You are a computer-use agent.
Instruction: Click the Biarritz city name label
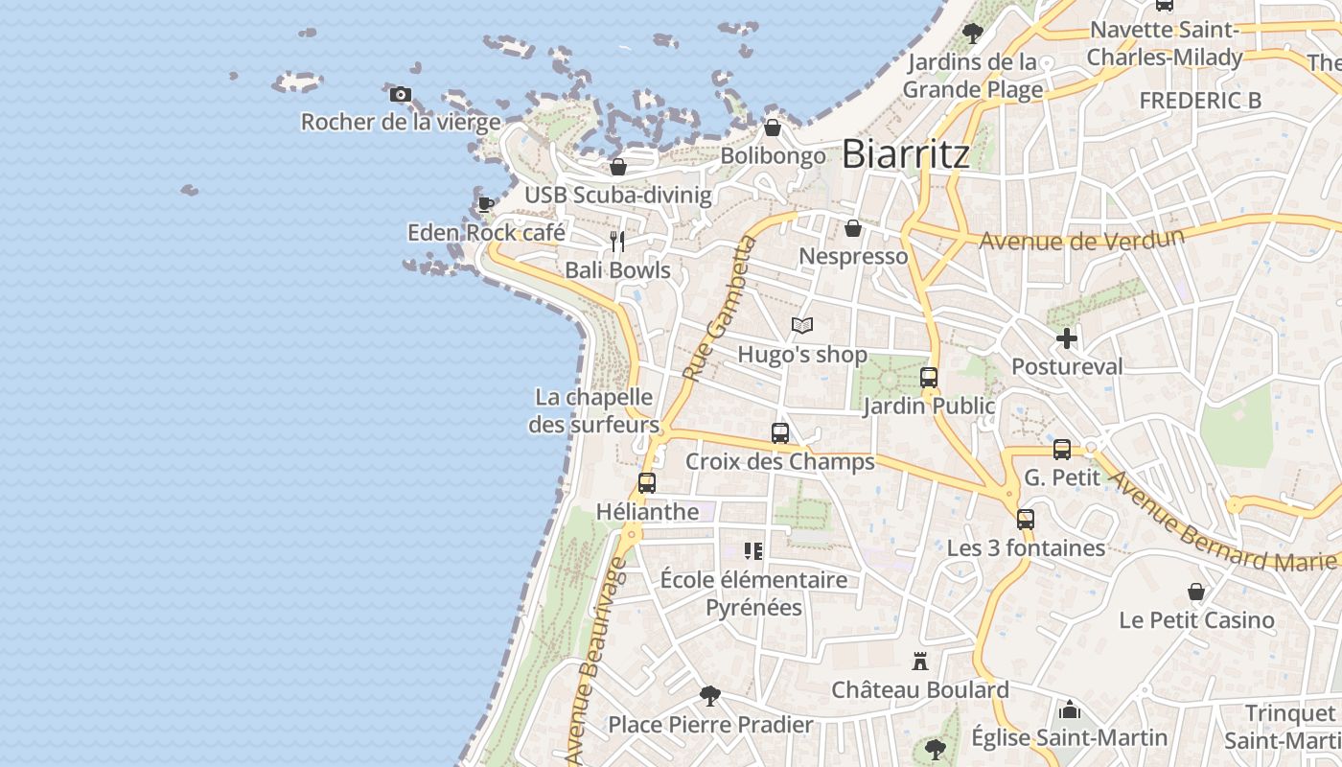pos(906,154)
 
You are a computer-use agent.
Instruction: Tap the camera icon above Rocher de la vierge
pos(401,94)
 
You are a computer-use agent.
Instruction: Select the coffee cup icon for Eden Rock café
pos(486,203)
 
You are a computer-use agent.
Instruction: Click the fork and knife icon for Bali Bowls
pos(617,242)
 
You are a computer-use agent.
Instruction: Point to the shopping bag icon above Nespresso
pos(852,228)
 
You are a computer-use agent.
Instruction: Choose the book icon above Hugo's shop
pos(802,326)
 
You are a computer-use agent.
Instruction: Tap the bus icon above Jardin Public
pos(928,378)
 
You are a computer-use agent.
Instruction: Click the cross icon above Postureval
pos(1066,338)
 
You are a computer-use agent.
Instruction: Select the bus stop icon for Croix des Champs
pos(780,433)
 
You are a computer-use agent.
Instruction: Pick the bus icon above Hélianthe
pos(647,483)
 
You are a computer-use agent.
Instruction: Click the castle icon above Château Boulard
pos(920,662)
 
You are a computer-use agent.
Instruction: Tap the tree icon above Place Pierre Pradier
pos(710,695)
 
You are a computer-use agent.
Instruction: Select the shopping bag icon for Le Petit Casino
pos(1196,592)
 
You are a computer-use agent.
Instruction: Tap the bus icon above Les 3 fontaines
pos(1026,520)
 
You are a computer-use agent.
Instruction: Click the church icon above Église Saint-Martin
pos(1070,709)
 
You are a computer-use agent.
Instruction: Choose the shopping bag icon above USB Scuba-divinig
pos(618,167)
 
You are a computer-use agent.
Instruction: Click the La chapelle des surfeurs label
pos(594,410)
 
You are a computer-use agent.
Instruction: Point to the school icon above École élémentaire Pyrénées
pos(753,551)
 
